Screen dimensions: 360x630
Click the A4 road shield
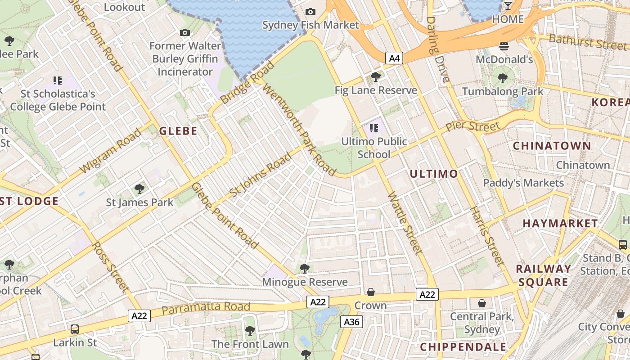(394, 58)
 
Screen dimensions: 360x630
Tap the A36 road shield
(352, 321)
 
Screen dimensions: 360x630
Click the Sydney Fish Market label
(310, 25)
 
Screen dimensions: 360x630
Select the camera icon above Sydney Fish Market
(310, 12)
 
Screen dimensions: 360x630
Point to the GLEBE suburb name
(178, 131)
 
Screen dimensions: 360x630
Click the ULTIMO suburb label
(434, 174)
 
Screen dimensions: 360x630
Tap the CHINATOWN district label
(552, 146)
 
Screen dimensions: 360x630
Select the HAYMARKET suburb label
(560, 223)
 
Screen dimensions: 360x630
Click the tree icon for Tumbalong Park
(502, 79)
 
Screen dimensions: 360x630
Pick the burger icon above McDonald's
(504, 46)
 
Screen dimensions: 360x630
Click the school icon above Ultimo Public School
(373, 128)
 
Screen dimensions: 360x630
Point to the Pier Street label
(472, 126)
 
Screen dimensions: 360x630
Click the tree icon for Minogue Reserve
(304, 269)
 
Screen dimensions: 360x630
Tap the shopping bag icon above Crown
(370, 292)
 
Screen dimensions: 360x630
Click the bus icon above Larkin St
(75, 329)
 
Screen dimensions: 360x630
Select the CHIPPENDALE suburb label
(463, 347)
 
